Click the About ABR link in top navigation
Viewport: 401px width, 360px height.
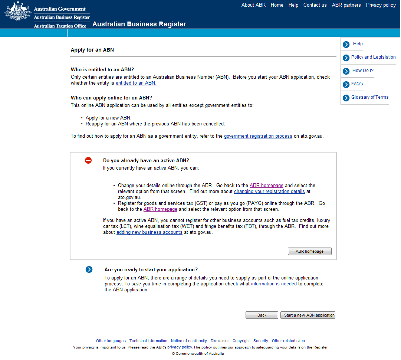tap(253, 5)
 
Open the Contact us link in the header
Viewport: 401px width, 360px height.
tap(315, 5)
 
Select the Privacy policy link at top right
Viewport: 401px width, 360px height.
tap(381, 5)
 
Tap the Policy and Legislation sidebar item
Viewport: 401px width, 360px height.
tap(373, 57)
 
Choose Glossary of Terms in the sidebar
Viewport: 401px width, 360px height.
tap(370, 97)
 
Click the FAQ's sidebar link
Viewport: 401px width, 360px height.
tap(357, 84)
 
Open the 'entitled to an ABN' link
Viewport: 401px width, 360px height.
tap(136, 83)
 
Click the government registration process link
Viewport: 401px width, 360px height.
tap(258, 136)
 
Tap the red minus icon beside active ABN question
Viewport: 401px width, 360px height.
tap(88, 160)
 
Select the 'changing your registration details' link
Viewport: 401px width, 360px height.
tap(269, 192)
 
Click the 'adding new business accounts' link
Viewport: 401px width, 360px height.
tap(149, 232)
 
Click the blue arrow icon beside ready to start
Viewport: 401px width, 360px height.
tap(89, 269)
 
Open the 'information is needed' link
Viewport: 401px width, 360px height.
tap(274, 284)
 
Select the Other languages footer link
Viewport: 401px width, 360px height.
tap(111, 341)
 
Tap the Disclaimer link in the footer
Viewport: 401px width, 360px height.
tap(220, 341)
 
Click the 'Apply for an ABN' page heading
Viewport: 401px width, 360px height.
tap(92, 50)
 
